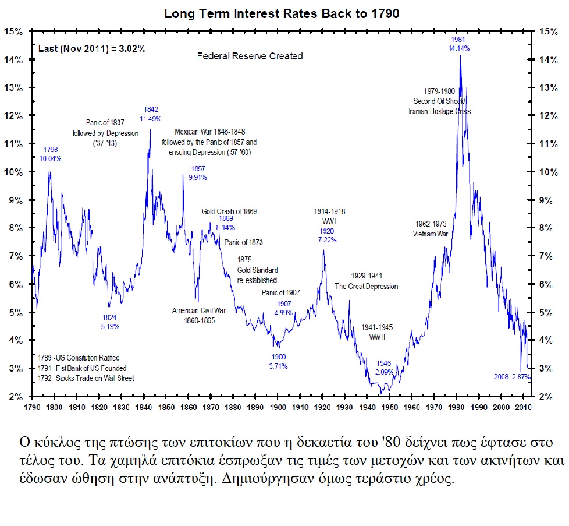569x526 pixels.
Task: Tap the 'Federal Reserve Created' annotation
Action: point(250,57)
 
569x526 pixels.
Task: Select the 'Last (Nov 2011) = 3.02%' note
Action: point(92,49)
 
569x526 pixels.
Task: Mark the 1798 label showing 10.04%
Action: point(50,158)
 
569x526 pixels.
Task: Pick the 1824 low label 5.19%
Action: point(109,327)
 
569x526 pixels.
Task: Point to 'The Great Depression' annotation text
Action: point(366,286)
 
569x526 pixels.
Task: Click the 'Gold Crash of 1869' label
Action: point(229,211)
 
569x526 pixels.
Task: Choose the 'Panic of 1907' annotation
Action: point(281,292)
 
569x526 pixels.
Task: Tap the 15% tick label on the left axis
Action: point(13,31)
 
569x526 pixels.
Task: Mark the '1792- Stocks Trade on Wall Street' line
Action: point(85,378)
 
